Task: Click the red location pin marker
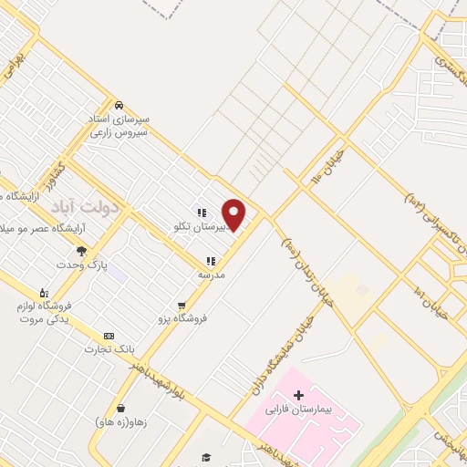tap(234, 214)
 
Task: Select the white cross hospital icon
tap(300, 395)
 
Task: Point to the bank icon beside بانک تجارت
tap(109, 336)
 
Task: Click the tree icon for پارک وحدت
tap(81, 251)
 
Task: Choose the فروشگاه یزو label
tap(183, 318)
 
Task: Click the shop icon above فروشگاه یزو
tap(182, 305)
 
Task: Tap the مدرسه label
tap(212, 274)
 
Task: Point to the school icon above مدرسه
tap(211, 260)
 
